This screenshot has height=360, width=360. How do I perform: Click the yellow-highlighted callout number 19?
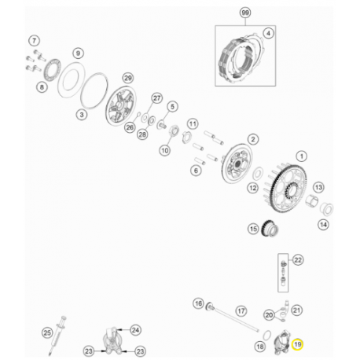[297, 344]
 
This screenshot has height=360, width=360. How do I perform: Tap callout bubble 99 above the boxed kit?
[245, 13]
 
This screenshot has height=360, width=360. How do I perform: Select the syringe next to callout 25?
[57, 336]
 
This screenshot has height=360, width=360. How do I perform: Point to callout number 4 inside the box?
[268, 34]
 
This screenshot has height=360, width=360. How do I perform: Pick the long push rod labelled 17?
[237, 320]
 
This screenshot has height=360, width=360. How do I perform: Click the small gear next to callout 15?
[270, 228]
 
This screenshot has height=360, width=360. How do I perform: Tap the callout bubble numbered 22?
[298, 260]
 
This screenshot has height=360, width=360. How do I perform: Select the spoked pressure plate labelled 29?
[121, 105]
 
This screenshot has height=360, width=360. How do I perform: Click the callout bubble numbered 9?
[78, 53]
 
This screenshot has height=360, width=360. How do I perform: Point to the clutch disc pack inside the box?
[240, 60]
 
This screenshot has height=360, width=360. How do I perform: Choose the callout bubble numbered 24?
[135, 330]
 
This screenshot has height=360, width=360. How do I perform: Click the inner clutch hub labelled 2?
[237, 163]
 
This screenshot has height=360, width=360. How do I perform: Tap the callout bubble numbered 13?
[318, 187]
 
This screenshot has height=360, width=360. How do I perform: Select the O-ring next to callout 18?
[266, 336]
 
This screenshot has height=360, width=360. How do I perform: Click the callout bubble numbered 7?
[34, 41]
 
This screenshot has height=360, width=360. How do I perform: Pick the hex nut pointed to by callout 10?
[174, 130]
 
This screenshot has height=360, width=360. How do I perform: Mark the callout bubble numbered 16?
[198, 303]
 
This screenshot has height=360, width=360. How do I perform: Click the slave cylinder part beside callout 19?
[281, 343]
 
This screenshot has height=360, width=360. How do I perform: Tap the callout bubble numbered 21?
[296, 310]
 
